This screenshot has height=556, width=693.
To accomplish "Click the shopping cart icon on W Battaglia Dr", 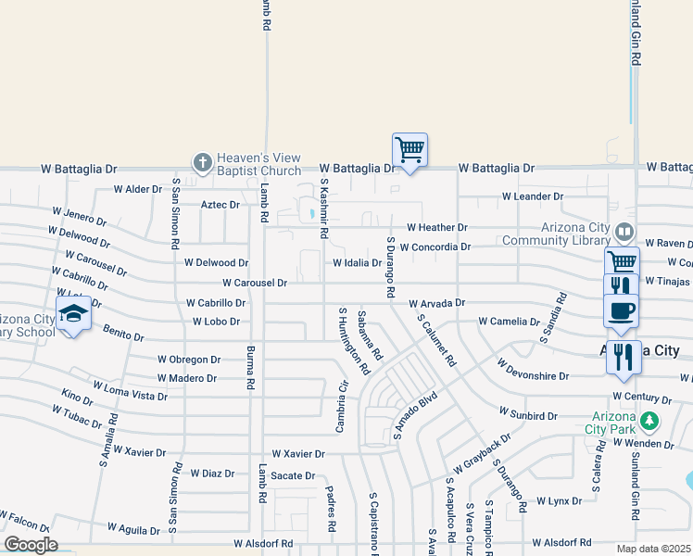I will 409,149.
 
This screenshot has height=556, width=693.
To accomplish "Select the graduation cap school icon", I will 73,314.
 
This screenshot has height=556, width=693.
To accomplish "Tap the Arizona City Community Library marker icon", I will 625,231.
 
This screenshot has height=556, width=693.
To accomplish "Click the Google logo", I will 31,545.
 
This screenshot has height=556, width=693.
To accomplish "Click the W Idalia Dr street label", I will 358,263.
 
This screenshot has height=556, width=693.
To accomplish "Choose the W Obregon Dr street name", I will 189,359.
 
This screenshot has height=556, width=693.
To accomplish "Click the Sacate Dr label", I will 294,475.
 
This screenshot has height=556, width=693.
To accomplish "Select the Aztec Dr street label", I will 220,205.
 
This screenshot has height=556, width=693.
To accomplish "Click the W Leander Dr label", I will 533,196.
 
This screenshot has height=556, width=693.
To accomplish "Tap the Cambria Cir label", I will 341,408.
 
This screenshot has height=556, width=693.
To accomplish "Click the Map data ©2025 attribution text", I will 653,549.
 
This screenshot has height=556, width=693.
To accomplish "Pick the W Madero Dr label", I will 187,378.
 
